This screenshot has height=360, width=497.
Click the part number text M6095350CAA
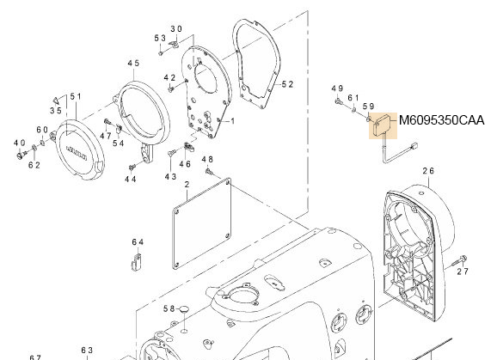(x=441, y=121)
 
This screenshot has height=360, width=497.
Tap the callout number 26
(x=428, y=172)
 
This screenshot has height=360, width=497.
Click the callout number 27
(x=463, y=272)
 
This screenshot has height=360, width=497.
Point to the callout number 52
(x=287, y=84)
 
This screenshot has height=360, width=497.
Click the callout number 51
(x=75, y=96)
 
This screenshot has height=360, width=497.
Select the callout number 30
(x=175, y=28)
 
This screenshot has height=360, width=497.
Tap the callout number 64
(x=138, y=242)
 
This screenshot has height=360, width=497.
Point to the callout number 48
(x=206, y=160)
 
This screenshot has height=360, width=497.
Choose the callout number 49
(x=337, y=88)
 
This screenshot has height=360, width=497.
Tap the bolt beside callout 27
(x=463, y=258)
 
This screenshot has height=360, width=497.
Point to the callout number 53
(x=160, y=39)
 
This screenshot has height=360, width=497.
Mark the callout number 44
(x=130, y=180)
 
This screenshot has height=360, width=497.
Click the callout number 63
(x=87, y=351)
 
